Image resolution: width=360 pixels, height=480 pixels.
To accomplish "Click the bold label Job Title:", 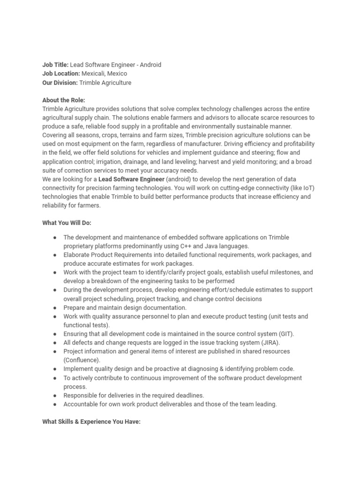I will (55, 65).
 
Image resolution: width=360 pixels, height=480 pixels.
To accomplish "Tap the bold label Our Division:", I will (60, 82).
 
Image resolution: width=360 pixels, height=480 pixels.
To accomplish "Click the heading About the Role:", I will (64, 100).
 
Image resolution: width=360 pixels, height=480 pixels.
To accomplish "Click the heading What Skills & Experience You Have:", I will (91, 421).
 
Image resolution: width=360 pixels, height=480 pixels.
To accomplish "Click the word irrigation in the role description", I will (106, 162).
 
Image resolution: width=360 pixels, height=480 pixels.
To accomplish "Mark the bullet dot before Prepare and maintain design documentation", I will (55, 307).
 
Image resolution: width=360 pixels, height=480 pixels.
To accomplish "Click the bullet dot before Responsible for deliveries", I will (55, 395).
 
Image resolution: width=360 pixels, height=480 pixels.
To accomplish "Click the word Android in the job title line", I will (150, 65).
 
